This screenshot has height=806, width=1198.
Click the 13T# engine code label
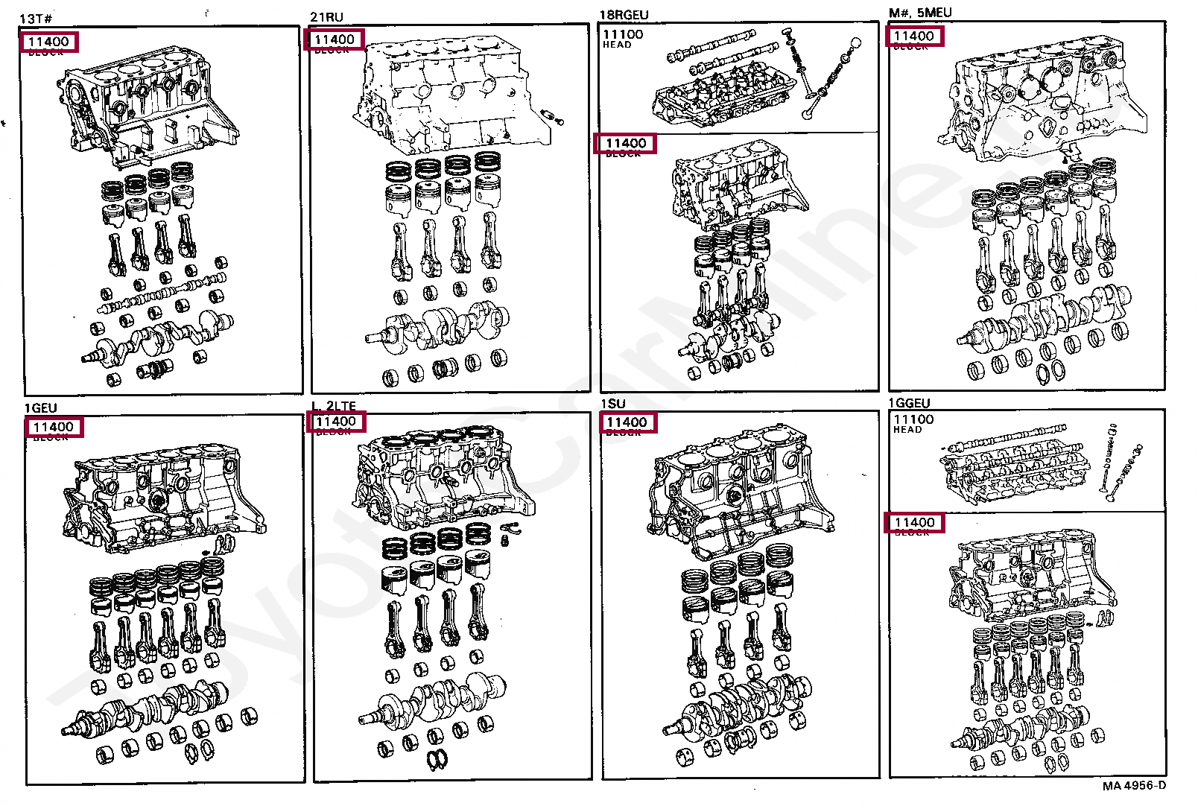(36, 18)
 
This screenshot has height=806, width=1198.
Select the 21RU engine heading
(326, 16)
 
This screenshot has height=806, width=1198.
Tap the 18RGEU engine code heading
(624, 15)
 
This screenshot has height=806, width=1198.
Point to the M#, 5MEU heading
(920, 13)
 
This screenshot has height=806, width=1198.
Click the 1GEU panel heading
(40, 407)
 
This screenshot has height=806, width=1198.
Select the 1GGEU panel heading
(909, 403)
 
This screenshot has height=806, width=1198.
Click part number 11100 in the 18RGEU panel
(623, 34)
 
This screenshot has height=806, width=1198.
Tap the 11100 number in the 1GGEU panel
(913, 419)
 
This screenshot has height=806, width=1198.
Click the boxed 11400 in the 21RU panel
(335, 39)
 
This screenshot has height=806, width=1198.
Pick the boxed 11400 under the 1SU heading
(627, 422)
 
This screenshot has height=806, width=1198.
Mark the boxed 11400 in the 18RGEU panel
(625, 143)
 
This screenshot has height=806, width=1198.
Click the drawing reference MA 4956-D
(1134, 785)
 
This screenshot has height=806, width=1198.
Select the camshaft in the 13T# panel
(160, 296)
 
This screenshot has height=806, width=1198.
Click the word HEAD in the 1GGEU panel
(907, 430)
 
